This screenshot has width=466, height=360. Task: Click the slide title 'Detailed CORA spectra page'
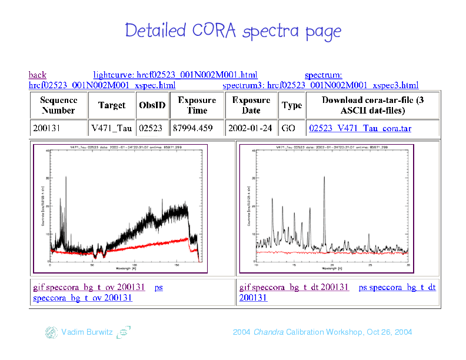pyautogui.click(x=233, y=31)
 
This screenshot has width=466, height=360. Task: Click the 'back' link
pyautogui.click(x=37, y=75)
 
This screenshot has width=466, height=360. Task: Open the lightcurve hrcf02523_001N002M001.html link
pyautogui.click(x=175, y=75)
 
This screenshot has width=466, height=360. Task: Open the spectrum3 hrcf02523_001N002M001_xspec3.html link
pyautogui.click(x=321, y=86)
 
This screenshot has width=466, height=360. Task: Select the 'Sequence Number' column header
pyautogui.click(x=58, y=105)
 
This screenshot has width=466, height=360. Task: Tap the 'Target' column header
pyautogui.click(x=111, y=105)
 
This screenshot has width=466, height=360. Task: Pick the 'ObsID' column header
pyautogui.click(x=152, y=105)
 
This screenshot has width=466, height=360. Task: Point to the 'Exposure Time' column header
pyautogui.click(x=197, y=105)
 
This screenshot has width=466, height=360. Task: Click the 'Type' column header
pyautogui.click(x=292, y=105)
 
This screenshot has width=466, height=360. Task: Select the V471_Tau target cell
pyautogui.click(x=111, y=128)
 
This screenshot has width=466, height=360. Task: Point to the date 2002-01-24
pyautogui.click(x=251, y=128)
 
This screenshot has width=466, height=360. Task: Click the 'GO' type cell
pyautogui.click(x=289, y=128)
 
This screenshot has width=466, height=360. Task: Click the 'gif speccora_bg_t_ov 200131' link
pyautogui.click(x=88, y=287)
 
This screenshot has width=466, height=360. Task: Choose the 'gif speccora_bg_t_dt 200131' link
pyautogui.click(x=294, y=287)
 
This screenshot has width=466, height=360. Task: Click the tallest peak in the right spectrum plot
pyautogui.click(x=324, y=178)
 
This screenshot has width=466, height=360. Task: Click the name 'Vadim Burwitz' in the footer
pyautogui.click(x=87, y=332)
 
